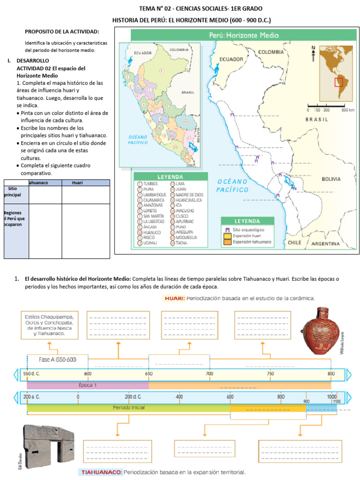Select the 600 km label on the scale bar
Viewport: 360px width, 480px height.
click(x=347, y=110)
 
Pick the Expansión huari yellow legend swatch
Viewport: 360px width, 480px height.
click(x=227, y=236)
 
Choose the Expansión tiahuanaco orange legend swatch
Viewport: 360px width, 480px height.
click(x=227, y=242)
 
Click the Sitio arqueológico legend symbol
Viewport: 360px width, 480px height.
click(x=227, y=230)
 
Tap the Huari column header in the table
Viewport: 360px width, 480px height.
click(x=77, y=183)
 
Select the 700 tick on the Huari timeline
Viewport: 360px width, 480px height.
click(x=209, y=374)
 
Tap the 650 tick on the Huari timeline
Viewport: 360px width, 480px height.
click(x=149, y=374)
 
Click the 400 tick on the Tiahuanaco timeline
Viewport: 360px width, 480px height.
click(x=179, y=397)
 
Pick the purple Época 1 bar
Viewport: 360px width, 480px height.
click(x=88, y=384)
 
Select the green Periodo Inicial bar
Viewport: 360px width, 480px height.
click(x=128, y=408)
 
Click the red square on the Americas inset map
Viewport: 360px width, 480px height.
click(x=338, y=82)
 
